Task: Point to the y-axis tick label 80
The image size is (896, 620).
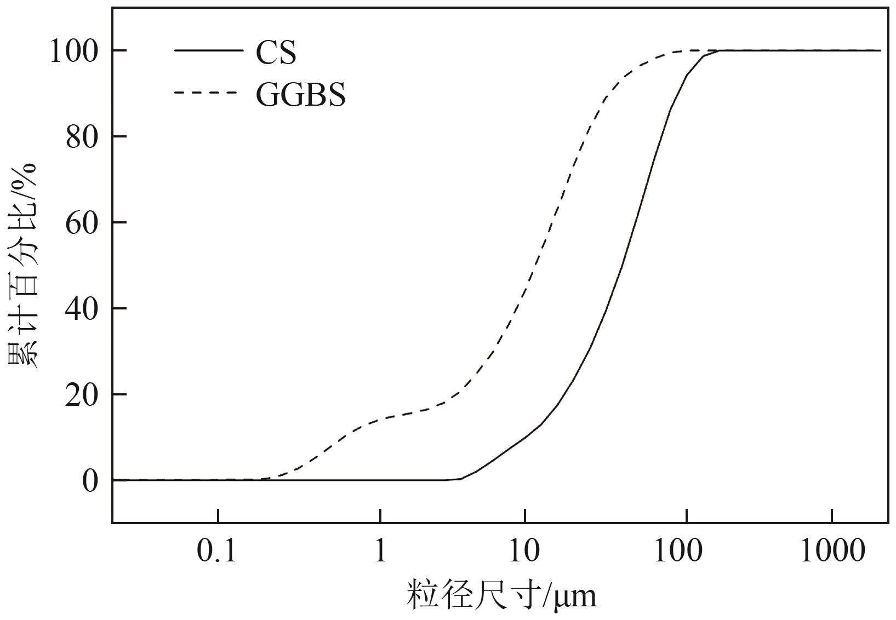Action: (82, 137)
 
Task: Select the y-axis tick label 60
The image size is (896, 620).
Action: (82, 223)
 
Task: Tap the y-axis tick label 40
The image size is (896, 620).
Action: (82, 309)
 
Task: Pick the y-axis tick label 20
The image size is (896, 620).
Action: (82, 395)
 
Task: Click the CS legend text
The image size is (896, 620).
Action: (276, 53)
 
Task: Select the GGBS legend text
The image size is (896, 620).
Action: (300, 95)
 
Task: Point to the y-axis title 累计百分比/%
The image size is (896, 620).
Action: (23, 265)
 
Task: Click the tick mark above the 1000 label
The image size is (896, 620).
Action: (832, 516)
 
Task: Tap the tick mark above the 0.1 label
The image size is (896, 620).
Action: (218, 516)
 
